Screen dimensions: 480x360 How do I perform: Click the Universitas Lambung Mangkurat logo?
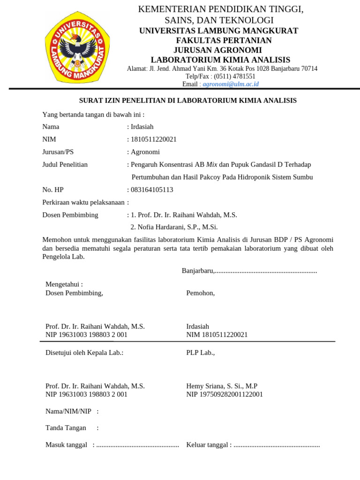coord(78,45)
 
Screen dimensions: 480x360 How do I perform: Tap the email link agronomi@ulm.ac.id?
coord(230,84)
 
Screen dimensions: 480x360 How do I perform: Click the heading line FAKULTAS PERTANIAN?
coord(220,40)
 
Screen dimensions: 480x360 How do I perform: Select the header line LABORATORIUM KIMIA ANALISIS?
coord(220,60)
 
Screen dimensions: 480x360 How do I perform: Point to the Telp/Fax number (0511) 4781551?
coord(234,76)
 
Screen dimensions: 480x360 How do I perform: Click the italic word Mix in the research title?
coord(212,165)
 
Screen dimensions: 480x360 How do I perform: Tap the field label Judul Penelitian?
coord(65,165)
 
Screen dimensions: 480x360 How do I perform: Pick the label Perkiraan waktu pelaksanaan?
coord(84,202)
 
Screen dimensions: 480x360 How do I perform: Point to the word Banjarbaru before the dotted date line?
coord(197,271)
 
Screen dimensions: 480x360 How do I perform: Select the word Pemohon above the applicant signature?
coord(200,293)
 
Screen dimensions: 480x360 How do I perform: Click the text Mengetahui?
coord(64,284)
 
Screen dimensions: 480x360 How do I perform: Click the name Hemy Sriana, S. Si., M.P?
coord(222,386)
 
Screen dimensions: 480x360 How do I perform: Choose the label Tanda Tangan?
coord(66,427)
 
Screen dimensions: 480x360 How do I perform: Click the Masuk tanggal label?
coord(66,445)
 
